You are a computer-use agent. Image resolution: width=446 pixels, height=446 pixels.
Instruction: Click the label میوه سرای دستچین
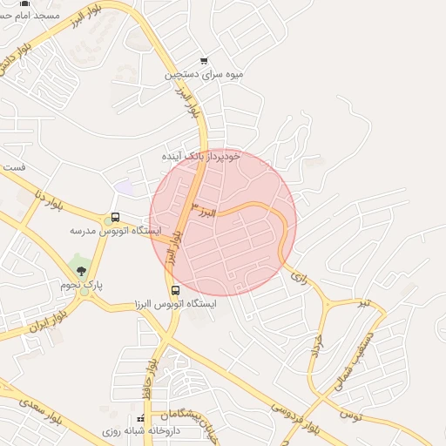tap(206, 76)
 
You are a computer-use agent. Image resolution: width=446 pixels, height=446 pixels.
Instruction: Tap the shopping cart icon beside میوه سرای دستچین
tap(204, 61)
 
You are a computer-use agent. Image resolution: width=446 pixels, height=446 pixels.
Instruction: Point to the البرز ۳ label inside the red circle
tap(202, 210)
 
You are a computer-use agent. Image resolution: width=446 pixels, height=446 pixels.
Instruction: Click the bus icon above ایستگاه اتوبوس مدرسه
tap(115, 218)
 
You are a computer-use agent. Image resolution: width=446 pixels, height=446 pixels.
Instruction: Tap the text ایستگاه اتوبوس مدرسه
tap(115, 232)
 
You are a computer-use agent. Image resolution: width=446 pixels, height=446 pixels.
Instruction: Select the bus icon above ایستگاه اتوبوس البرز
tap(175, 290)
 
